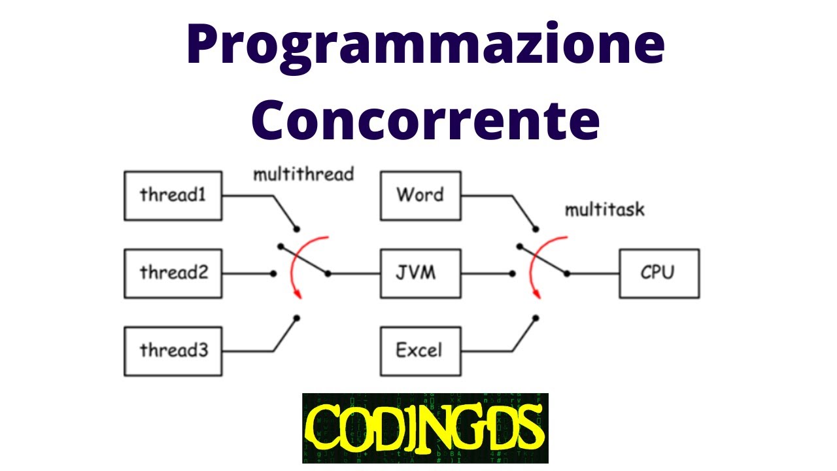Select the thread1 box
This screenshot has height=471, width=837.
pos(173,195)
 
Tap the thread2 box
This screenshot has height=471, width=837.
pos(173,273)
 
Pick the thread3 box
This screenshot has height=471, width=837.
pos(173,351)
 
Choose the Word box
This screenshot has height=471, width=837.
pos(419,195)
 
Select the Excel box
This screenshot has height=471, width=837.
pos(419,351)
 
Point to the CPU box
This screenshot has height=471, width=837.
pos(658,273)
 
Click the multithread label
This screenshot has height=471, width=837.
pos(303,174)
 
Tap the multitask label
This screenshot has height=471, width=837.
pos(604,210)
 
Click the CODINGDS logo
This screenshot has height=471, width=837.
pos(425,428)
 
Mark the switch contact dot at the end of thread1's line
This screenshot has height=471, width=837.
pos(297,228)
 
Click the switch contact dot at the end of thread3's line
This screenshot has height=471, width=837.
pos(297,318)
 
